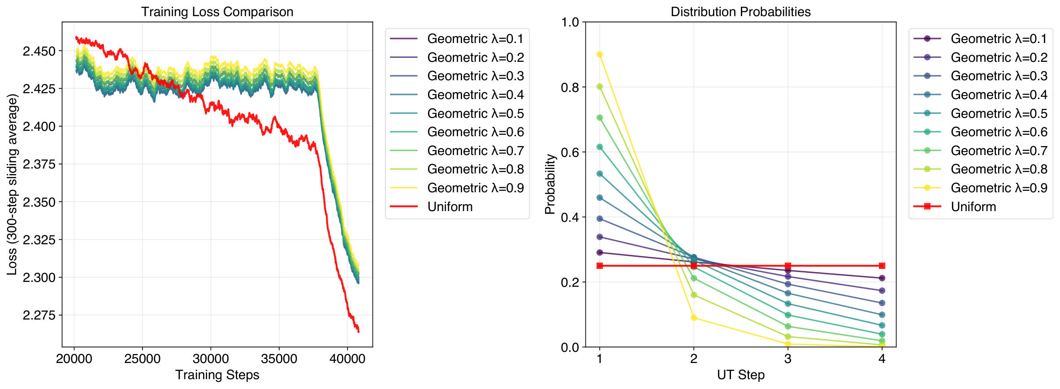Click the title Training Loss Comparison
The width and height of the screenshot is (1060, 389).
(217, 12)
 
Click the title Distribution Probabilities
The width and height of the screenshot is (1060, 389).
(740, 12)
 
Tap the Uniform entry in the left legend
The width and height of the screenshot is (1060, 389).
(450, 207)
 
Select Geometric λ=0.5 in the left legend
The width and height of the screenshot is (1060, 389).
(475, 113)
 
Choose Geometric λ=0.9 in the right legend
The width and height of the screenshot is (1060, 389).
(999, 188)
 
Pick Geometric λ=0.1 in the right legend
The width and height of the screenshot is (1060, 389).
(999, 39)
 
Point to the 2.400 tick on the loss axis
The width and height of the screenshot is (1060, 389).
(39, 126)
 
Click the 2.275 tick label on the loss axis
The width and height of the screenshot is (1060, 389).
(39, 315)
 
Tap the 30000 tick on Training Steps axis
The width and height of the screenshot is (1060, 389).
(211, 359)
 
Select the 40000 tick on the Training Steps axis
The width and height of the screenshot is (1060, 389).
(347, 359)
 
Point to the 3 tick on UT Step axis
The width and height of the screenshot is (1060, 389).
(788, 359)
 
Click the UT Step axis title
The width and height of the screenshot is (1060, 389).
(740, 375)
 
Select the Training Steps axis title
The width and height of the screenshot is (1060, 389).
(217, 375)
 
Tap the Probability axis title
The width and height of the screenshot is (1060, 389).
(550, 184)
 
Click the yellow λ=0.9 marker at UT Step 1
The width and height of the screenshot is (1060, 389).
(600, 55)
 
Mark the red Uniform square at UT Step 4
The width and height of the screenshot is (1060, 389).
(882, 266)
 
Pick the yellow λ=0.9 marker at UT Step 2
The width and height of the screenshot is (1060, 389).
(694, 318)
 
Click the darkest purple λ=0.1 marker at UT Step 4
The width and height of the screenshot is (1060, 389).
(882, 278)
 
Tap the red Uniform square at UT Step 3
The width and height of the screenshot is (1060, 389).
(788, 266)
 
